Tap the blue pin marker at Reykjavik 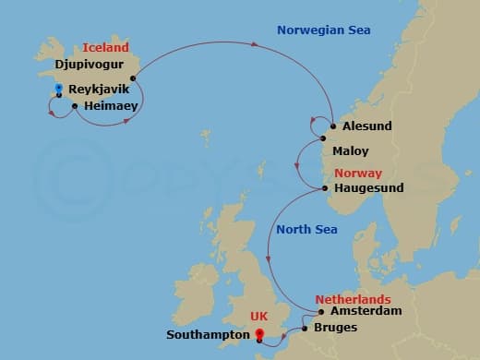(58, 89)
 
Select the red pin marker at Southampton (259, 334)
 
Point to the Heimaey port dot (74, 106)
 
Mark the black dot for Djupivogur (134, 78)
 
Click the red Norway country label (358, 173)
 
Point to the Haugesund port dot (326, 188)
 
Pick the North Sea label (306, 226)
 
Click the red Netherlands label (353, 300)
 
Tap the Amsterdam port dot (321, 312)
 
